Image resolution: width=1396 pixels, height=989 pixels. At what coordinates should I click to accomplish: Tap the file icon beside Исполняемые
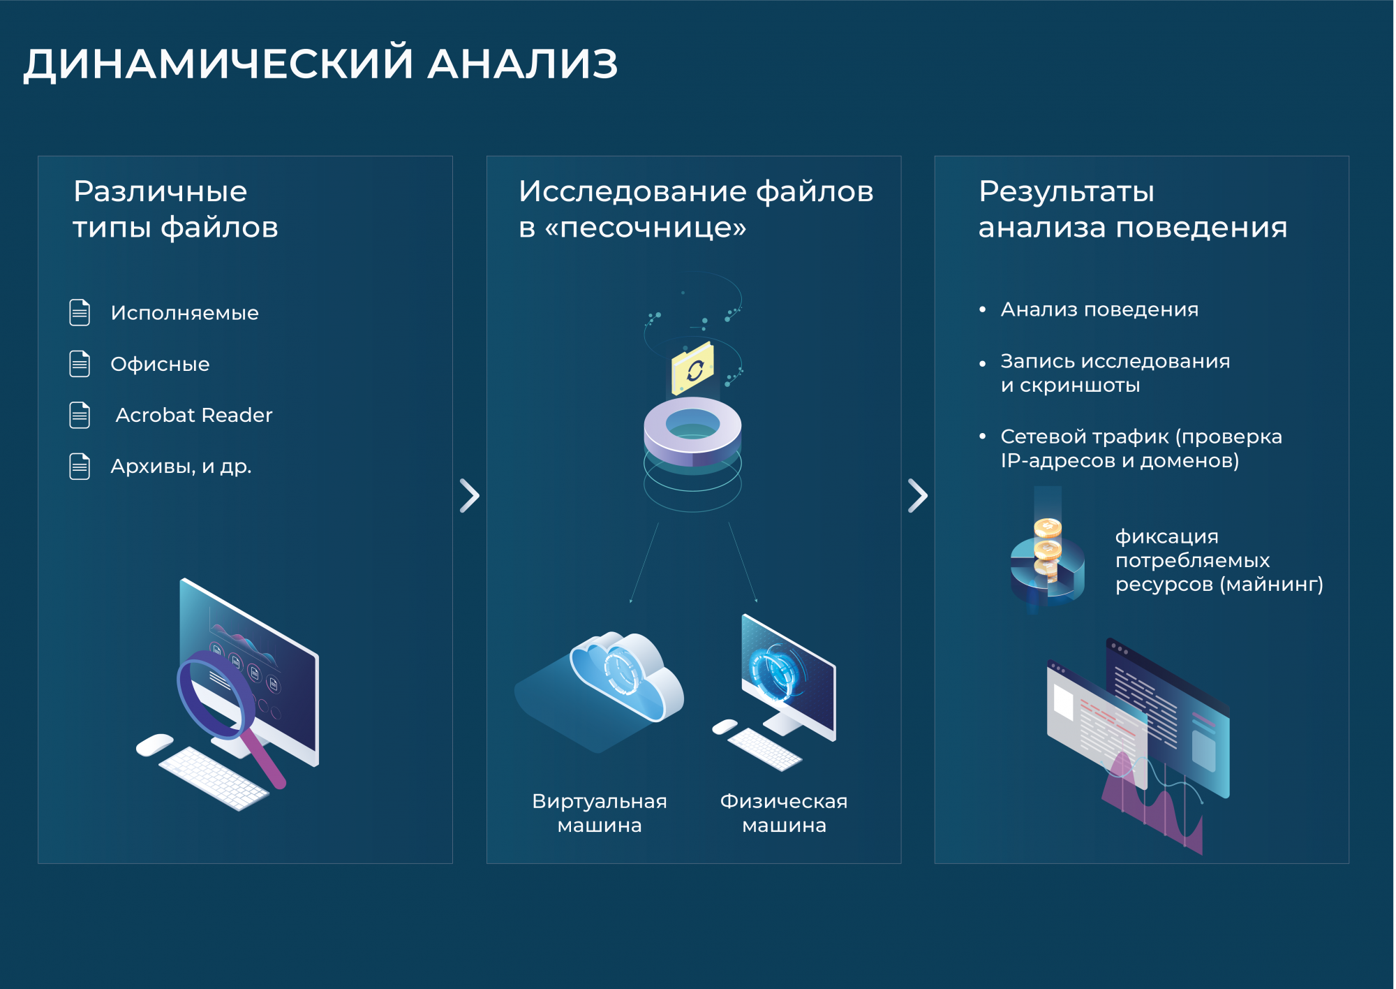[x=80, y=312]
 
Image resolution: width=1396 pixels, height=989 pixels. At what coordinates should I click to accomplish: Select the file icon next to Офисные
[x=80, y=363]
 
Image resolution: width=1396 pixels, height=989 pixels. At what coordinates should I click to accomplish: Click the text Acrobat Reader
[x=194, y=415]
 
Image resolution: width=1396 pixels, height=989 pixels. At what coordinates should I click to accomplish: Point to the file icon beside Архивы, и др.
[x=80, y=466]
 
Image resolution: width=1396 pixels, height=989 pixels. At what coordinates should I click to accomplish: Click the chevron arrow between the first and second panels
[x=470, y=496]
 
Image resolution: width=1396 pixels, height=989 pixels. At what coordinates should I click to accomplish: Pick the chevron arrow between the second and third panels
[x=918, y=496]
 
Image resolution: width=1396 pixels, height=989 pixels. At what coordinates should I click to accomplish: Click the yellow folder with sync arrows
[x=692, y=368]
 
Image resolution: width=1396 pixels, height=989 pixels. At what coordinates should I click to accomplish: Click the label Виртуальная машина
[x=600, y=813]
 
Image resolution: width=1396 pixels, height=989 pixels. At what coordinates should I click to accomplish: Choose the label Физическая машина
[x=784, y=813]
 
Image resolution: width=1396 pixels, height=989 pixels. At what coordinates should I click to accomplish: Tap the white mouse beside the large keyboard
[x=155, y=745]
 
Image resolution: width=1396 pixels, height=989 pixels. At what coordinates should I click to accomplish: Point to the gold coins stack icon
[x=1047, y=548]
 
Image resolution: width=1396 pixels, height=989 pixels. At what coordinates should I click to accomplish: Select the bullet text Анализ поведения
[x=1099, y=309]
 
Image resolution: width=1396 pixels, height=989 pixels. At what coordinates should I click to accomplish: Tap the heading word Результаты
[x=1067, y=191]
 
